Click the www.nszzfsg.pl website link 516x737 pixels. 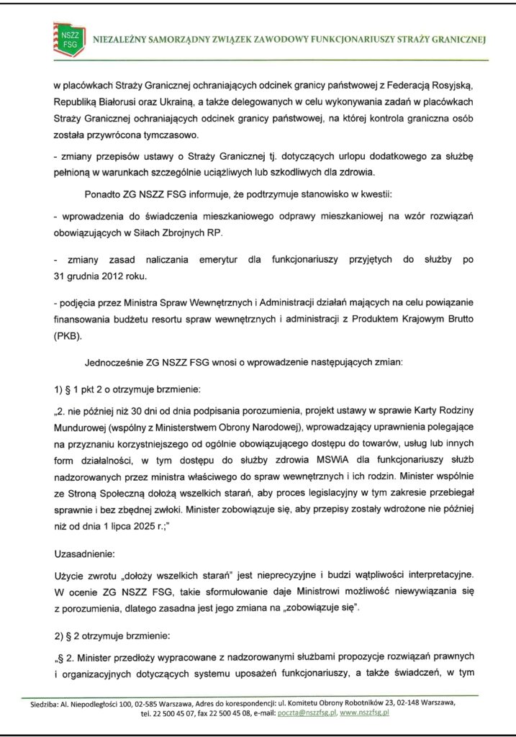pos(364,713)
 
